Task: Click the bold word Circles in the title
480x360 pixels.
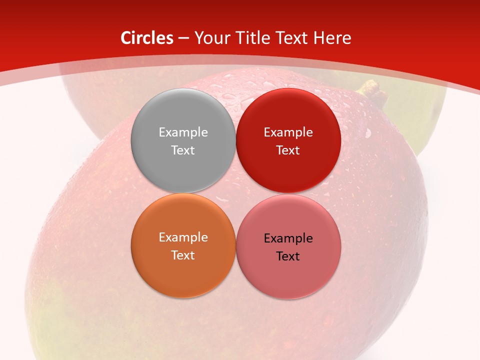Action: click(x=146, y=38)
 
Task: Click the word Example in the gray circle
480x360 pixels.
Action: click(x=183, y=132)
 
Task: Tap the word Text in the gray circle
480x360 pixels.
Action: click(x=183, y=150)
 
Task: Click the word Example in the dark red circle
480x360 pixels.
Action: click(x=288, y=132)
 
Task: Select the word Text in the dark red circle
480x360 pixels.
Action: click(x=288, y=150)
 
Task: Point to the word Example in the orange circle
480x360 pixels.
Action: click(x=183, y=237)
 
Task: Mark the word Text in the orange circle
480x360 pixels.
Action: click(x=183, y=255)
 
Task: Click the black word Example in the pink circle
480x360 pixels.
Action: click(x=288, y=238)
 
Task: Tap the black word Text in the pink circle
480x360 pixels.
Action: click(x=288, y=256)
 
